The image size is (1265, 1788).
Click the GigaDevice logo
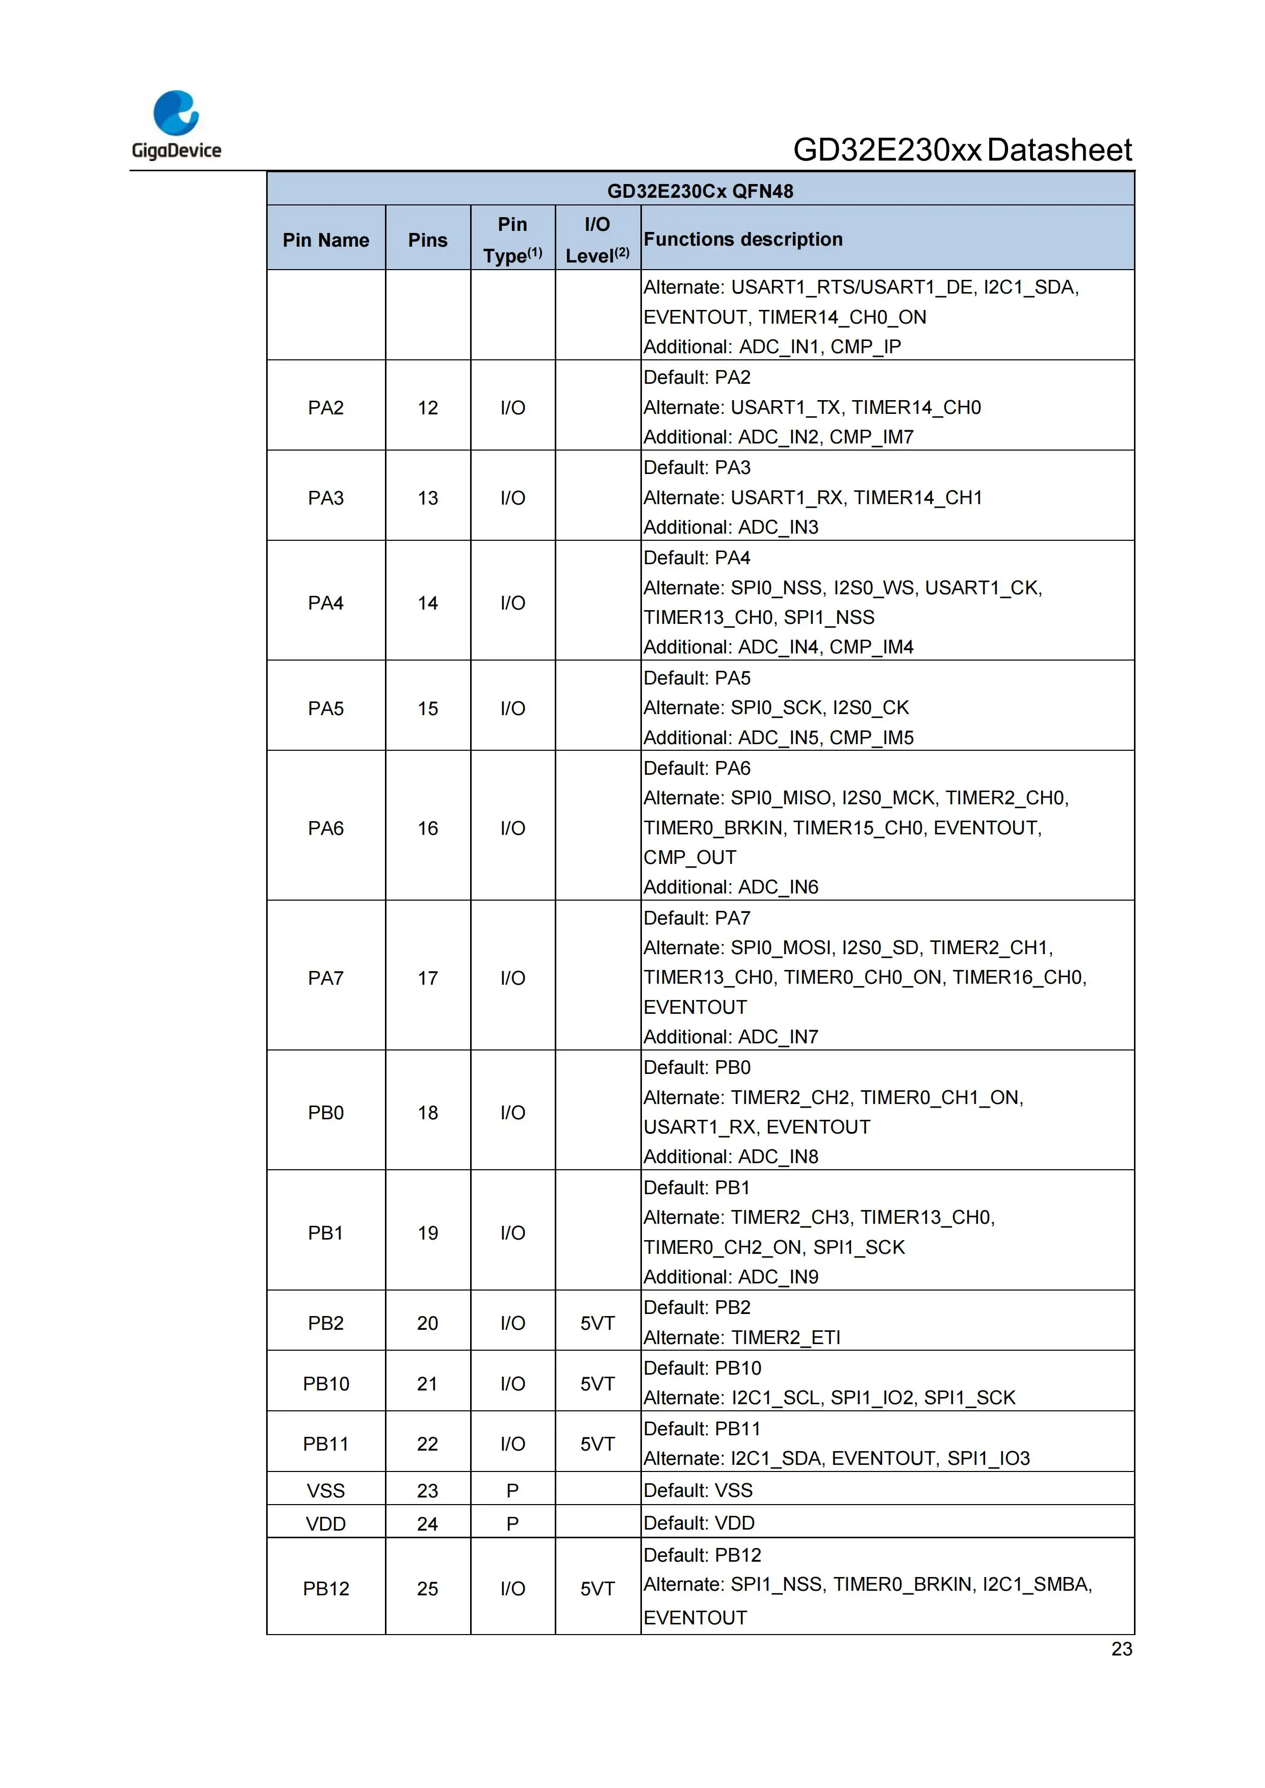tap(176, 124)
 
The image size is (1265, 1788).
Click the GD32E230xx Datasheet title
tap(962, 149)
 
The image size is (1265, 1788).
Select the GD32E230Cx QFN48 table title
tap(700, 191)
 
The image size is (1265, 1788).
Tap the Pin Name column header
tap(326, 240)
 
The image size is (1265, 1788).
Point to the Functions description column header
tap(742, 239)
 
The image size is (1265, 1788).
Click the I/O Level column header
tap(598, 240)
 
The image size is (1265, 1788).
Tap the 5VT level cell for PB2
tap(598, 1323)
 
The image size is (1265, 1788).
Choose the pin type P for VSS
tap(512, 1490)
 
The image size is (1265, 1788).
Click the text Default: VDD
tap(699, 1523)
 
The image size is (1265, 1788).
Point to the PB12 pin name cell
tap(326, 1589)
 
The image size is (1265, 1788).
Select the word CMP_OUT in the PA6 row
tap(689, 857)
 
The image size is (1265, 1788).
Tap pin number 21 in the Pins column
tap(428, 1384)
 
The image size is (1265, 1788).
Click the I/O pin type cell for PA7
tap(512, 978)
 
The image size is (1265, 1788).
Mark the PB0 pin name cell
tap(326, 1113)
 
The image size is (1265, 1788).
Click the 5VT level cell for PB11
tap(598, 1444)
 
